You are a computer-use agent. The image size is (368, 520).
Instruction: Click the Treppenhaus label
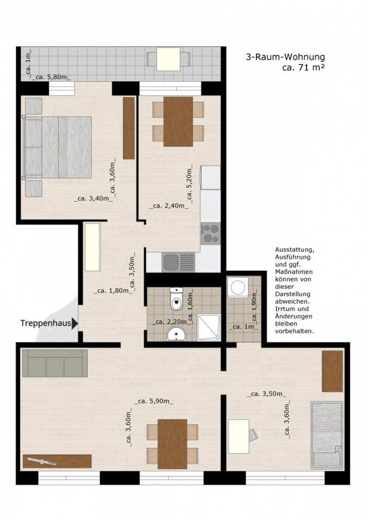(x=46, y=323)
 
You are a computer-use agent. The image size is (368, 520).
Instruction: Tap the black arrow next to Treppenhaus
(x=75, y=323)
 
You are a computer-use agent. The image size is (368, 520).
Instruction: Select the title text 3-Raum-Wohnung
(x=285, y=57)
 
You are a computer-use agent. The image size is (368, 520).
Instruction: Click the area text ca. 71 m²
(x=304, y=68)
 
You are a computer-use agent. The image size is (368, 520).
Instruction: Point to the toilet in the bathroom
(x=176, y=299)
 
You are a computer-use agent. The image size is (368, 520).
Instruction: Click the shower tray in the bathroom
(x=209, y=328)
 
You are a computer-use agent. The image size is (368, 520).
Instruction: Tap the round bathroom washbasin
(x=176, y=334)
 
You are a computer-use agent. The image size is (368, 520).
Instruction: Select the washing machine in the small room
(x=238, y=287)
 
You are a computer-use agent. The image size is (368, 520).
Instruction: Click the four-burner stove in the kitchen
(x=211, y=234)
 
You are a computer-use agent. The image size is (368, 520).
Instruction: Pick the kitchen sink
(x=179, y=263)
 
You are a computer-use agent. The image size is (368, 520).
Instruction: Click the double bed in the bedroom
(x=57, y=147)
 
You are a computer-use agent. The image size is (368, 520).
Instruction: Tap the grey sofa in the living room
(x=55, y=363)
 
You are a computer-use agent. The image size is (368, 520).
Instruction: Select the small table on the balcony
(x=169, y=59)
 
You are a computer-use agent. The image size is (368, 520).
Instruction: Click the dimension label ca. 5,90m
(x=153, y=401)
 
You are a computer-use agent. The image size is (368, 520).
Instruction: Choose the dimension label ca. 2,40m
(x=169, y=206)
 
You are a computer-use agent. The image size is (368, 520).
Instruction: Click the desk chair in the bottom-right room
(x=253, y=435)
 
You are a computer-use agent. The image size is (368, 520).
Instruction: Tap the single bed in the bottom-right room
(x=326, y=435)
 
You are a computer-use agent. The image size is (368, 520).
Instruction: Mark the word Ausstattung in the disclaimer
(x=294, y=250)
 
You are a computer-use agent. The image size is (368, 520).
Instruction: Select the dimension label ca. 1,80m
(x=113, y=291)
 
